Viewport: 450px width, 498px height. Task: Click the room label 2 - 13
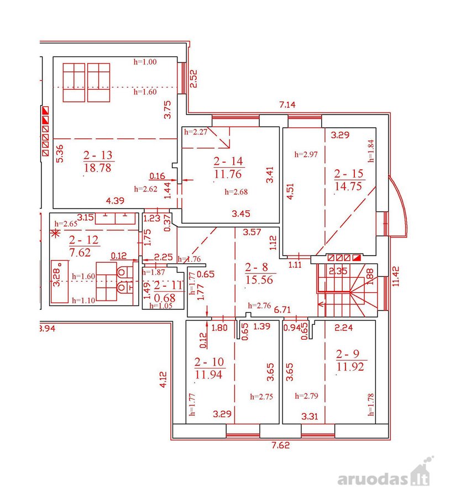tap(98, 155)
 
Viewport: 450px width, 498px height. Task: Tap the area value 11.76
tap(228, 174)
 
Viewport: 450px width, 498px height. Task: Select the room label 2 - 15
tap(348, 173)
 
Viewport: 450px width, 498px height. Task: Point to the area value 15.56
tap(259, 280)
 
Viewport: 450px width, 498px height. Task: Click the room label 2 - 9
tap(348, 354)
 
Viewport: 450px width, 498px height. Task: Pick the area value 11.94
tap(208, 375)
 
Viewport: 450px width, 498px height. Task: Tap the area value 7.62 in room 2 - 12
tap(80, 252)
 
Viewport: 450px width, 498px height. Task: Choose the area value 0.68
tap(164, 298)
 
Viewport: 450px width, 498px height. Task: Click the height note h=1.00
tap(145, 61)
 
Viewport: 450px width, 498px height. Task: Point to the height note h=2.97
tap(306, 154)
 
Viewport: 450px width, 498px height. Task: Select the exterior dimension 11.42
tap(396, 276)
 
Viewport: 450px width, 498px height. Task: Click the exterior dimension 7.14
tap(287, 105)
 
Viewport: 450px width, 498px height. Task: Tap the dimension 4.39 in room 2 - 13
tap(115, 201)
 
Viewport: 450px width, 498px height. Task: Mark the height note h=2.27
tap(196, 132)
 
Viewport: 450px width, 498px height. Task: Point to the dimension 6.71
tap(282, 309)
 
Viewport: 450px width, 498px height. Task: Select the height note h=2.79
tap(307, 396)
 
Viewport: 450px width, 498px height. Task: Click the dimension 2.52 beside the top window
tap(193, 79)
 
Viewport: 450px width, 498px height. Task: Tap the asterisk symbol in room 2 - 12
tap(56, 234)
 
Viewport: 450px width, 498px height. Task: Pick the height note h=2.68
tap(236, 192)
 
